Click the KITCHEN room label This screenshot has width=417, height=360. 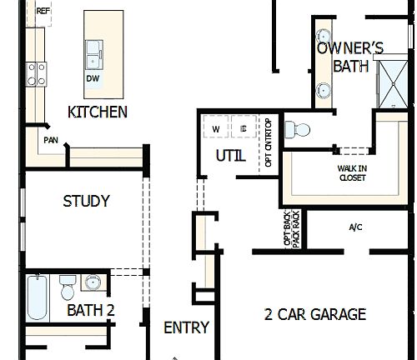(98, 112)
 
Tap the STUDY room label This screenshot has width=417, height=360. (86, 201)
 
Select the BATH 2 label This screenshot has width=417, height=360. (90, 311)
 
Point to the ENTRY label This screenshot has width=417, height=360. (186, 327)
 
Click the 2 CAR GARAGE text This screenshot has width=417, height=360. (315, 314)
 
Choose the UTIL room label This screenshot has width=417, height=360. (230, 155)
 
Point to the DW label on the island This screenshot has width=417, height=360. (93, 79)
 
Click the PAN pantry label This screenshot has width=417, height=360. (51, 140)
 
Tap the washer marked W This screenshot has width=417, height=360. (216, 129)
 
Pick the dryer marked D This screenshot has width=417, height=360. (243, 129)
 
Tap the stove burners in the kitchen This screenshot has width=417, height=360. (37, 75)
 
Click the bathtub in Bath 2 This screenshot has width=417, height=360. (37, 298)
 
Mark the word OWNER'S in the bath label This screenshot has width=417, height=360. (350, 47)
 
